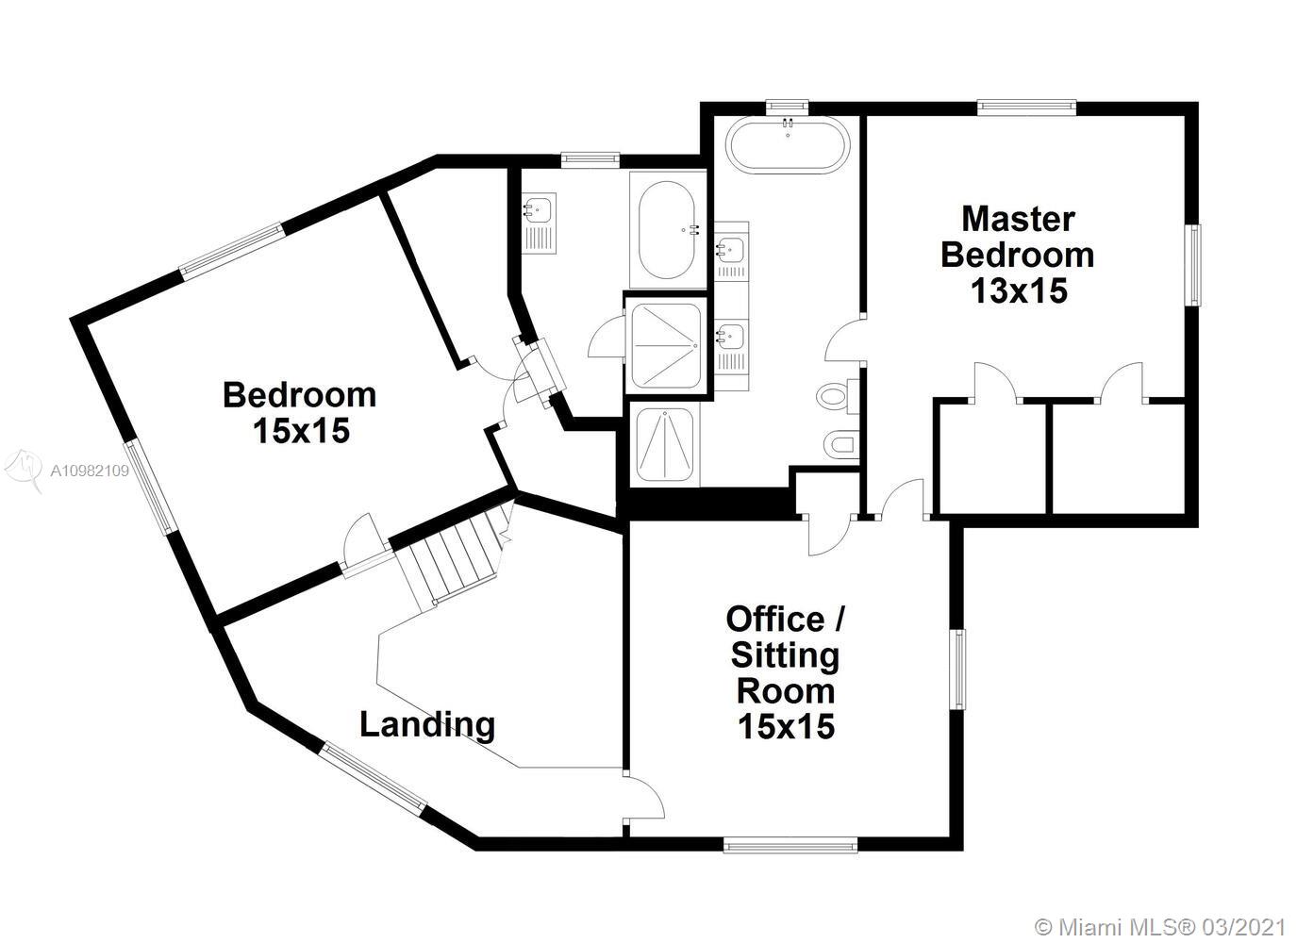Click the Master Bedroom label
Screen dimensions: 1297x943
pyautogui.click(x=1018, y=238)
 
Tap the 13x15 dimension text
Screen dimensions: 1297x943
pyautogui.click(x=1019, y=290)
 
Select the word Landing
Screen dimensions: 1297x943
pyautogui.click(x=427, y=725)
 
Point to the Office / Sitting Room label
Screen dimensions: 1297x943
pyautogui.click(x=785, y=672)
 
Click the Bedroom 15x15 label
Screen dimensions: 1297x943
pyautogui.click(x=300, y=413)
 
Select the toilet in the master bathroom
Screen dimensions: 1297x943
pyautogui.click(x=838, y=397)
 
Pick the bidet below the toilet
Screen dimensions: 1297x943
pyautogui.click(x=841, y=445)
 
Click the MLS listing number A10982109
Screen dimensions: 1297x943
pyautogui.click(x=90, y=471)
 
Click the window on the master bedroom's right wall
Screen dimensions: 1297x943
pyautogui.click(x=1194, y=265)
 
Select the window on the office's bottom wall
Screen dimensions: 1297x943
pyautogui.click(x=790, y=846)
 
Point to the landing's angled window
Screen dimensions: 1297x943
pyautogui.click(x=374, y=775)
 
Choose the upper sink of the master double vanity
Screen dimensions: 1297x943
pyautogui.click(x=731, y=250)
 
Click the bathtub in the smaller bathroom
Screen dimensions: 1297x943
pyautogui.click(x=667, y=229)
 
